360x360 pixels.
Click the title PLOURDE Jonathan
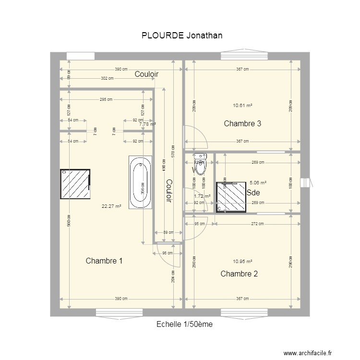(x=182, y=36)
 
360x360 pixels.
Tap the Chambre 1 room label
(x=104, y=261)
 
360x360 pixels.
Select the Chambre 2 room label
(x=239, y=274)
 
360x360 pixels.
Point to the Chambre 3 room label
(x=242, y=124)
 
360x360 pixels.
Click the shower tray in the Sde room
(x=231, y=197)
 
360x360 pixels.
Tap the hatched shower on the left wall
(x=75, y=184)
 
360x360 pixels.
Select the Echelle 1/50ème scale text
(x=184, y=324)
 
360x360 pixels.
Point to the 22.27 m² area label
(x=111, y=207)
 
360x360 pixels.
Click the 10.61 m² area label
(x=242, y=106)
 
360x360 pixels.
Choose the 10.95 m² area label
(x=242, y=262)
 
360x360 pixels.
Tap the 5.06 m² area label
(x=258, y=183)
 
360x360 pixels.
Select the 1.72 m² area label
(x=202, y=196)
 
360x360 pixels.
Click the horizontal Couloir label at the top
(x=146, y=74)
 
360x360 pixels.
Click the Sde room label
(x=253, y=193)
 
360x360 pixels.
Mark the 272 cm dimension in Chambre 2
(x=258, y=224)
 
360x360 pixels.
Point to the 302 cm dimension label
(x=107, y=78)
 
